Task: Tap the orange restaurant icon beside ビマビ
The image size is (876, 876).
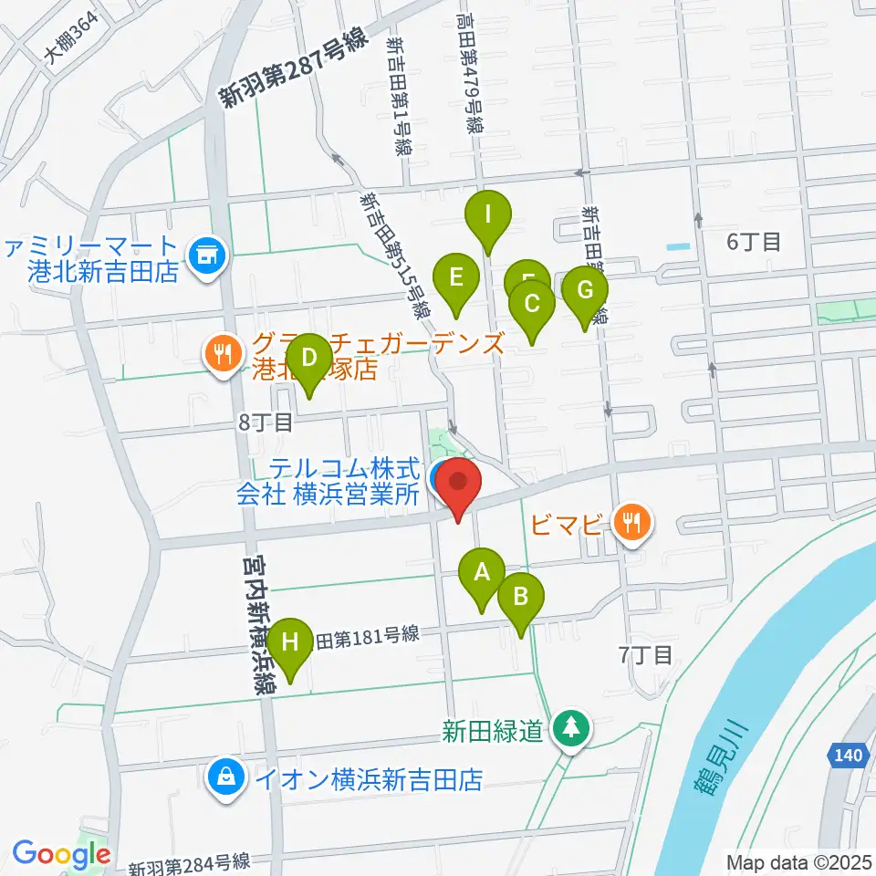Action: (631, 523)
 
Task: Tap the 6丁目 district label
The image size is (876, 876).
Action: (753, 242)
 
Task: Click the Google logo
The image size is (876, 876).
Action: (61, 854)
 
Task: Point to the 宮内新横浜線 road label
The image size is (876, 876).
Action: (258, 630)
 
